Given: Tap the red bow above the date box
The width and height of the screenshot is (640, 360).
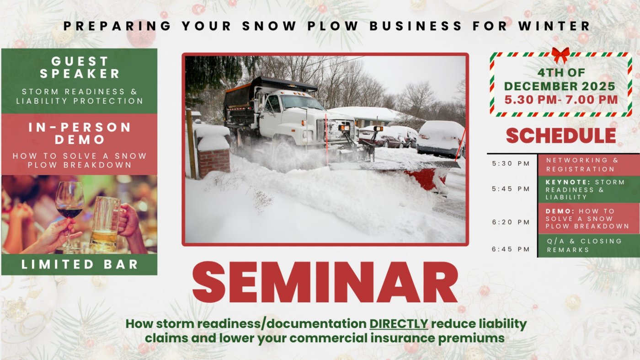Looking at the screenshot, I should [560, 54].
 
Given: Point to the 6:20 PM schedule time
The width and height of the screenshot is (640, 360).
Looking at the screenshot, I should [511, 222].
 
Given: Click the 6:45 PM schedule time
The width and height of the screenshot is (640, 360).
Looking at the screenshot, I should [511, 249].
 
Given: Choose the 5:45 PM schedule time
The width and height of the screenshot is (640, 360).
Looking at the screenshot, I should [511, 189].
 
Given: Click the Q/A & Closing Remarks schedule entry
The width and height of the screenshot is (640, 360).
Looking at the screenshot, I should [584, 246].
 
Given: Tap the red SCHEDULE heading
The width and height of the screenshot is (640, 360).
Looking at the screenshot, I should [561, 136].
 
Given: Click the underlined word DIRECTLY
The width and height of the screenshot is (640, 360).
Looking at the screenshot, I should [399, 324].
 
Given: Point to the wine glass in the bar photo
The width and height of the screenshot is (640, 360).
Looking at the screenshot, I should [69, 204].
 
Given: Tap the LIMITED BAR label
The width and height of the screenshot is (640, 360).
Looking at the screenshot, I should [80, 264].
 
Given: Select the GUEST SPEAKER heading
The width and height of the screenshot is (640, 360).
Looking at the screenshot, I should [80, 67].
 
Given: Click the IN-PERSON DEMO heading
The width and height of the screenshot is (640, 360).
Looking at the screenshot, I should [80, 133].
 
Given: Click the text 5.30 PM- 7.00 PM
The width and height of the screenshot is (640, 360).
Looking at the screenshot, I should [561, 99].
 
